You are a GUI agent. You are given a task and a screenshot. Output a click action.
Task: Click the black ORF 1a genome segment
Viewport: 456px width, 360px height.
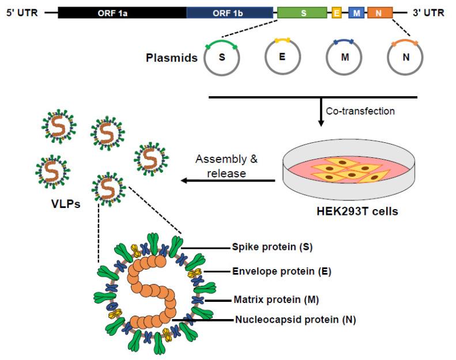(122, 12)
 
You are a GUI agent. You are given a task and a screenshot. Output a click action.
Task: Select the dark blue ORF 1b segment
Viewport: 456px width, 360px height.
(229, 12)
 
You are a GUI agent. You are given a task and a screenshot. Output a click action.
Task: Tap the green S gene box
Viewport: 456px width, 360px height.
(303, 12)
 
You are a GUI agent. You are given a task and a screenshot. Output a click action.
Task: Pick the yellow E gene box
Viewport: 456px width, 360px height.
(337, 13)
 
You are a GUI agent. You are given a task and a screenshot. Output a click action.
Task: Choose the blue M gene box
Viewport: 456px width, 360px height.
(357, 13)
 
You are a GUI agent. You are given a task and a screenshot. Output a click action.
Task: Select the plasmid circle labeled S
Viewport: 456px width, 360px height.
(222, 58)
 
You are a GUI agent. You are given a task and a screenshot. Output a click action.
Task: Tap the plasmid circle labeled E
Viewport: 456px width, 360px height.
(282, 58)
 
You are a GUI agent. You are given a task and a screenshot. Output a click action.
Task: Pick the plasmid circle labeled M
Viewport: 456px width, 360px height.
(344, 59)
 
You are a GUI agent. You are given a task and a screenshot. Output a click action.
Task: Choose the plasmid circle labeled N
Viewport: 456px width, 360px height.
(405, 59)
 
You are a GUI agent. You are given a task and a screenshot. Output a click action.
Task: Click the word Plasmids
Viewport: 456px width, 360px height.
(172, 58)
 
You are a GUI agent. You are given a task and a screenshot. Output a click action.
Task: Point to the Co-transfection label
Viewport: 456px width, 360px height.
(360, 111)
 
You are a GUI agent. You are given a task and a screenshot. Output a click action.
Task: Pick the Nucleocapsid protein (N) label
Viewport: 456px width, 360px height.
(295, 319)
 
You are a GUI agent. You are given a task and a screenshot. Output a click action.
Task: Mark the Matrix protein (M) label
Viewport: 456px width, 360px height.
(276, 300)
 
